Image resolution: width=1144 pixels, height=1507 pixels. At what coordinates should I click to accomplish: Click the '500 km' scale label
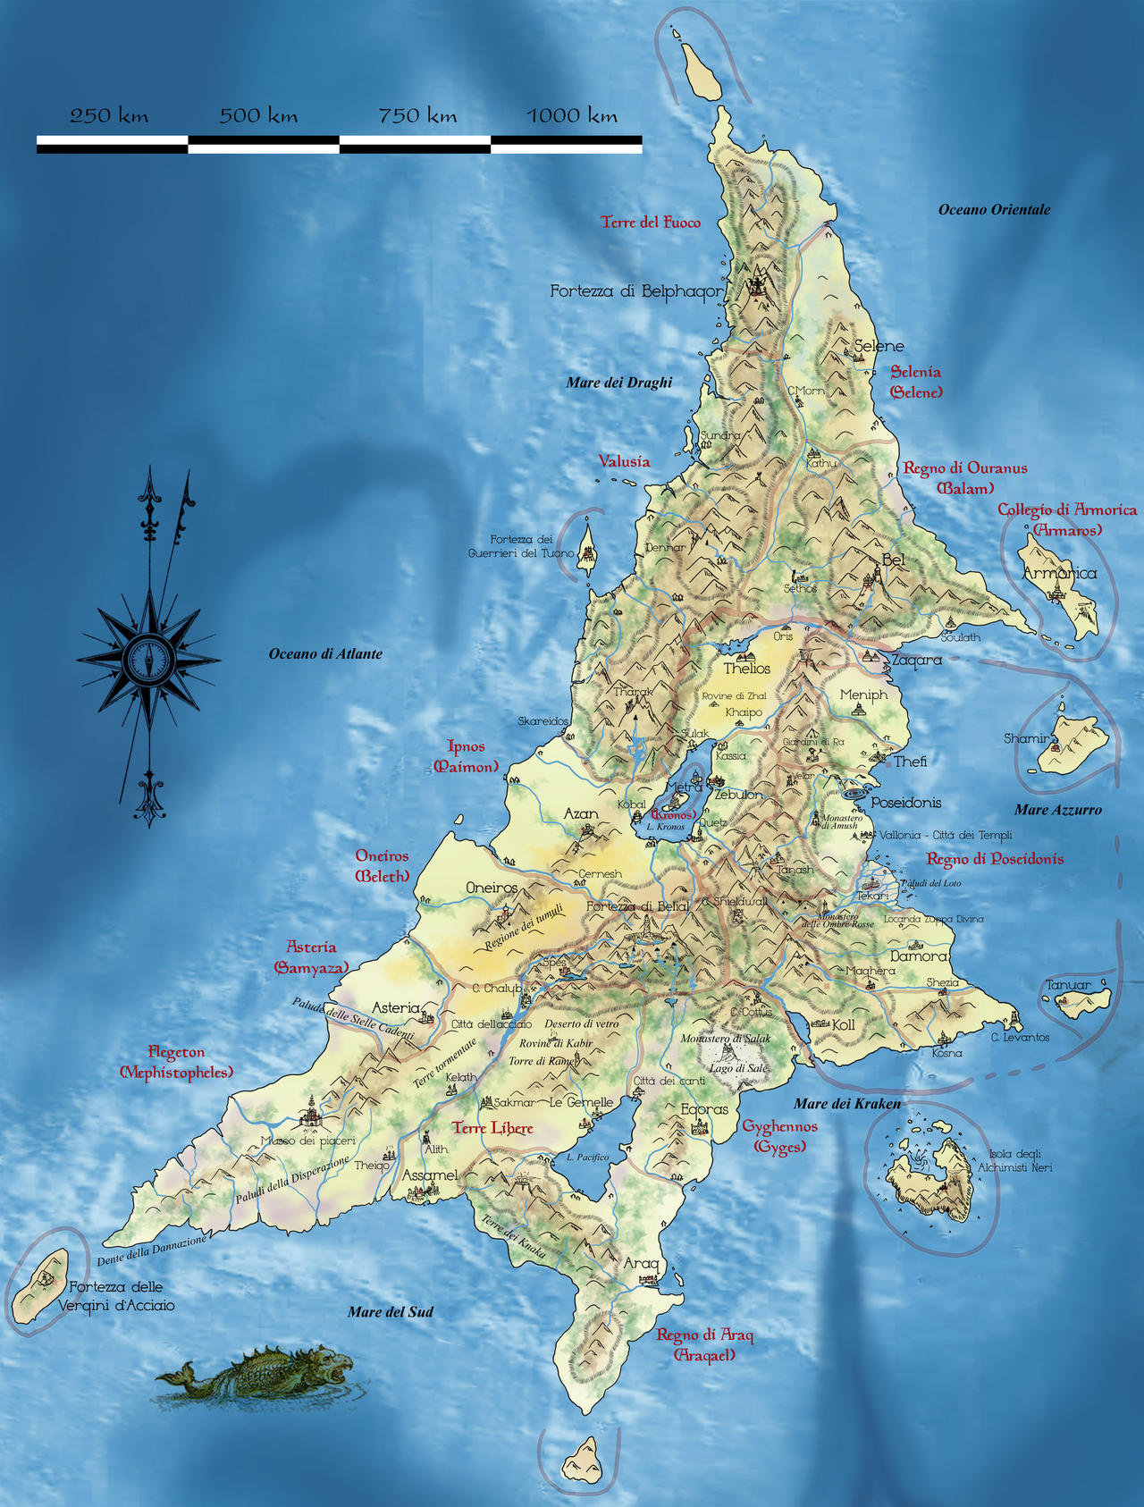[x=258, y=115]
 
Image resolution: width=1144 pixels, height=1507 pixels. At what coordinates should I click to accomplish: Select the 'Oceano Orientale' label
[x=994, y=209]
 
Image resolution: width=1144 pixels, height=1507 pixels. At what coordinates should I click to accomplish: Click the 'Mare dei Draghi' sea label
[x=618, y=383]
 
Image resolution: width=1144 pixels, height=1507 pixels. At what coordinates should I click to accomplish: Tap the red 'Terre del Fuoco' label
[x=651, y=223]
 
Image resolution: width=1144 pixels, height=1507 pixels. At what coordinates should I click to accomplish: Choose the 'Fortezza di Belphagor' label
[x=635, y=290]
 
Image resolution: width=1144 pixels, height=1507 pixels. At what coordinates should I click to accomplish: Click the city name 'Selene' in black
[x=879, y=346]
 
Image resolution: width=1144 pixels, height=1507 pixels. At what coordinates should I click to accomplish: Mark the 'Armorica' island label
[x=1059, y=573]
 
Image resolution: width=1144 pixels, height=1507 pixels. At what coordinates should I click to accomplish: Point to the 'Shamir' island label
[x=1025, y=738]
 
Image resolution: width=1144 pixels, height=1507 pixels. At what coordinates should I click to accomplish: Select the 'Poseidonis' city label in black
[x=906, y=803]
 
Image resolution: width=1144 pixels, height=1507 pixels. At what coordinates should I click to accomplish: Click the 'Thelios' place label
[x=747, y=669]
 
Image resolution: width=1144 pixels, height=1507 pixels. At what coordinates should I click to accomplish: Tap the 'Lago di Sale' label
[x=738, y=1068]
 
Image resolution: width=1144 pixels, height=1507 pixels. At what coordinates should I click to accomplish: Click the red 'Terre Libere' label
[x=492, y=1128]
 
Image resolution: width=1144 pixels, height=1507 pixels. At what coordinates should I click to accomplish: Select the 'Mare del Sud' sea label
[x=391, y=1312]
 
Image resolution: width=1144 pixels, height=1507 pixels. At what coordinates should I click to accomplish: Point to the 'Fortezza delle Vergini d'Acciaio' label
[x=116, y=1296]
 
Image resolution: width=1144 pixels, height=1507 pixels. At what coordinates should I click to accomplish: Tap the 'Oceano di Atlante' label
[x=325, y=654]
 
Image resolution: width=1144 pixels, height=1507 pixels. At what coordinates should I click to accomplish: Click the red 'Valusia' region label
[x=624, y=461]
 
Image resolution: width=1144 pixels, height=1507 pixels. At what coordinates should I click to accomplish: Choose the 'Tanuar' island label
[x=1068, y=985]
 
